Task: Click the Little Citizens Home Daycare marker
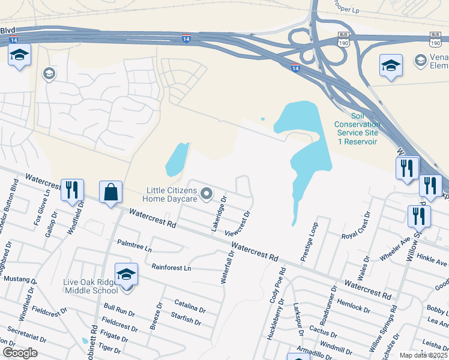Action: click(207, 193)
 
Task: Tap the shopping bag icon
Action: click(111, 193)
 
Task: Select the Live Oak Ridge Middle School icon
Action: click(127, 275)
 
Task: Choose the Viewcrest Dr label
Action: click(238, 223)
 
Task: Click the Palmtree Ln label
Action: click(135, 245)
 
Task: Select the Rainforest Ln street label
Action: click(170, 267)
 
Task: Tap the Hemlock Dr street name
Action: click(354, 304)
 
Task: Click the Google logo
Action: click(20, 353)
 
